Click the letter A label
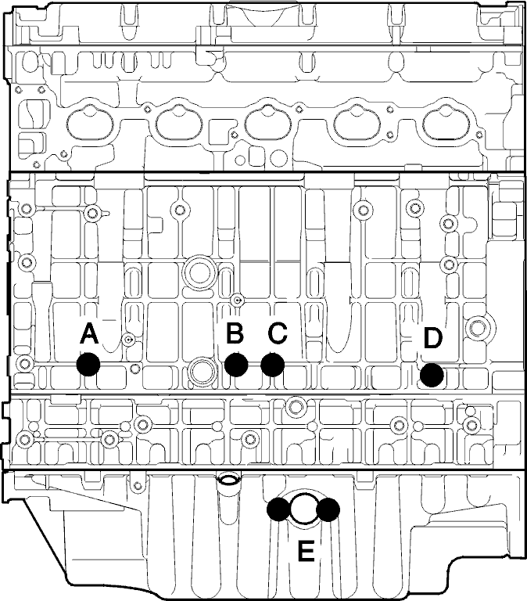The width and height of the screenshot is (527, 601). coord(89,334)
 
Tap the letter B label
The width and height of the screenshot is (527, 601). coord(235,333)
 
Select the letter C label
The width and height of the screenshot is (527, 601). coord(278,333)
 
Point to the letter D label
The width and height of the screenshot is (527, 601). coord(433,338)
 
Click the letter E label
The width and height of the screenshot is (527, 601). coord(306,551)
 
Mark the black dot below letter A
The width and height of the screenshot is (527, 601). coord(88,364)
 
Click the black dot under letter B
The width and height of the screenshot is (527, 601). coord(236,365)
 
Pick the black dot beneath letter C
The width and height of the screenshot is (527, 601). coord(273,365)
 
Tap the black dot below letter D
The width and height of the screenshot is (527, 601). coord(432,375)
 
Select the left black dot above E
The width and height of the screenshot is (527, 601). coord(278,509)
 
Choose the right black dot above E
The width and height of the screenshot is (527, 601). coord(328,509)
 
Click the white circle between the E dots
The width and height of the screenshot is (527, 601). coord(303,509)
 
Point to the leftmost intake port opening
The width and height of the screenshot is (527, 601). coord(90,124)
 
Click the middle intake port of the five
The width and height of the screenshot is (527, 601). coord(268,124)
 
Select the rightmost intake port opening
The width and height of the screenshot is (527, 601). coord(446,124)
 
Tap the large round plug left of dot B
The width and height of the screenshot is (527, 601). coord(201,372)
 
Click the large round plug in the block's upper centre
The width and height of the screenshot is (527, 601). coord(199,272)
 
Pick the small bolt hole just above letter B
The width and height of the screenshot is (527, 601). coord(238,300)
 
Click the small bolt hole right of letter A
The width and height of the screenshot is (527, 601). coord(128,339)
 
